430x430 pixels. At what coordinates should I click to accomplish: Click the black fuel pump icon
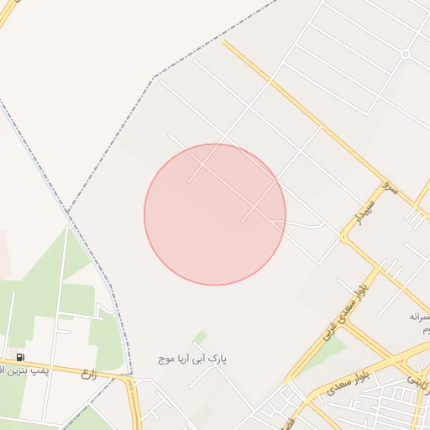(x=8, y=357)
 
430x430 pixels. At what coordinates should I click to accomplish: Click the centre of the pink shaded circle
(x=215, y=214)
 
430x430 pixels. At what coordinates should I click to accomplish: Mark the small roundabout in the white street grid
(x=405, y=54)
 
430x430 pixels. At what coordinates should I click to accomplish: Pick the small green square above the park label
(x=200, y=338)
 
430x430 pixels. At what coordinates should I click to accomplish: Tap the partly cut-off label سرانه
(x=419, y=317)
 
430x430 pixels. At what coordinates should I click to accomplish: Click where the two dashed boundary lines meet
(x=68, y=210)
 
